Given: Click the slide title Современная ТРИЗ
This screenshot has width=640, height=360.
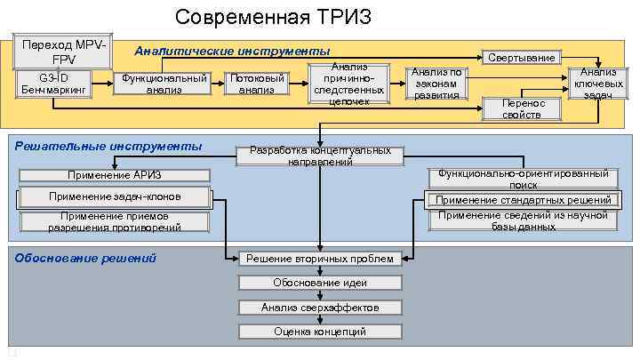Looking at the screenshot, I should coord(273,17).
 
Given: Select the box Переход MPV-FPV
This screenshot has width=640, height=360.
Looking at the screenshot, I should coord(63,52).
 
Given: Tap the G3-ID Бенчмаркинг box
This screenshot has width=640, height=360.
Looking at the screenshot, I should coord(52,84).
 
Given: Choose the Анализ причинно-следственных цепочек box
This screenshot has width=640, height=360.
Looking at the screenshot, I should coord(348,84).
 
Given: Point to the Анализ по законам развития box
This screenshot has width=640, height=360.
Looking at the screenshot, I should coord(436,84).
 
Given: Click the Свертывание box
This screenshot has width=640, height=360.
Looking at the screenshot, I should coord(522,57).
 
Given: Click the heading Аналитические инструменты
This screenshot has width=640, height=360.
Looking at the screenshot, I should coord(232,51).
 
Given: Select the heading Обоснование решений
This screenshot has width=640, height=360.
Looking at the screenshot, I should coord(85,258).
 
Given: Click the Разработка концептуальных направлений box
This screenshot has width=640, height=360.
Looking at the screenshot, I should coord(320,156).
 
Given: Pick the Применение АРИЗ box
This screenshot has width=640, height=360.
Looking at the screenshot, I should coord(115,175).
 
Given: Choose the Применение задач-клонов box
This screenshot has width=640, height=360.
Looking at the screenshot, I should coord(115,196).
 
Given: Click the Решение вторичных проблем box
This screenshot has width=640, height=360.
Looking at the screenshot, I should coord(320,259).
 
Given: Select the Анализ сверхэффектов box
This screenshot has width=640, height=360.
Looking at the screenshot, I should coord(320,307).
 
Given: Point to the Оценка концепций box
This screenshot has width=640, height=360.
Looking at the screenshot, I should coord(320,332).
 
